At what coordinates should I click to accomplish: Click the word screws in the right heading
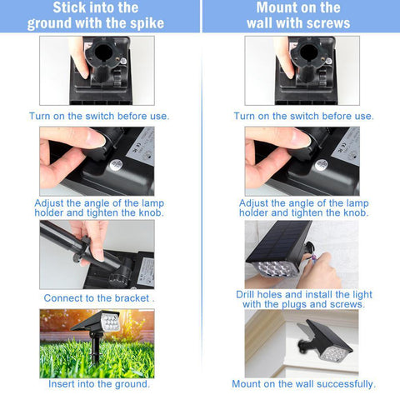click(328, 23)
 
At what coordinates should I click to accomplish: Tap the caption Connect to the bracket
click(97, 298)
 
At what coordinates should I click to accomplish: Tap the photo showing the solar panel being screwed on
click(302, 254)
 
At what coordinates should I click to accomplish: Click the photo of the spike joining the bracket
click(97, 254)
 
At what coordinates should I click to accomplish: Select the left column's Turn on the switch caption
click(98, 116)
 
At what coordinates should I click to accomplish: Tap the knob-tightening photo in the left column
click(97, 160)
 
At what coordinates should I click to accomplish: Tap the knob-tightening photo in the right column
click(302, 160)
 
